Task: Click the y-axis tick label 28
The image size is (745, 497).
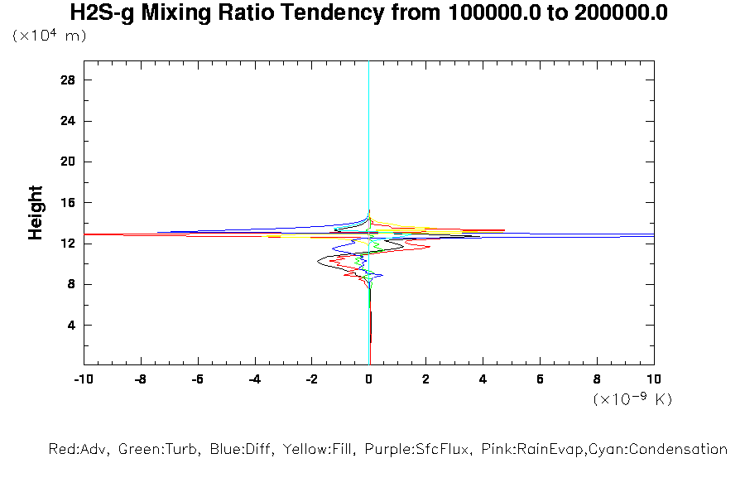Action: pyautogui.click(x=68, y=80)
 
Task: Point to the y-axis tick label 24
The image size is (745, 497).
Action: pyautogui.click(x=68, y=121)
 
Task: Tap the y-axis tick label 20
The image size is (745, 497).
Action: pyautogui.click(x=68, y=162)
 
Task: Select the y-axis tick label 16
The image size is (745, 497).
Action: pyautogui.click(x=68, y=202)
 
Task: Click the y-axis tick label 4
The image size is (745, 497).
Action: pyautogui.click(x=71, y=325)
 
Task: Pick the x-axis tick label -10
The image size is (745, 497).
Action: pyautogui.click(x=82, y=379)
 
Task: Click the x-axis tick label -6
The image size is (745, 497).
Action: pyautogui.click(x=197, y=379)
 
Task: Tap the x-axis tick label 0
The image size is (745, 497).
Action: pyautogui.click(x=369, y=379)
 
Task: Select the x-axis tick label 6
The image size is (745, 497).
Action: pyautogui.click(x=541, y=379)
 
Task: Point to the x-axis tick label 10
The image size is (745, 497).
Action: pyautogui.click(x=654, y=379)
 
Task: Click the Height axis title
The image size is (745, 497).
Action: pyautogui.click(x=36, y=213)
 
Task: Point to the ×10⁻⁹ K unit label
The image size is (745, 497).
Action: pyautogui.click(x=632, y=399)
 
